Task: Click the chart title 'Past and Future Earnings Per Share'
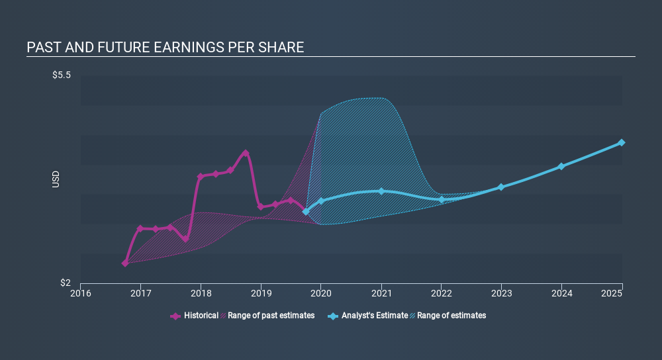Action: pos(165,48)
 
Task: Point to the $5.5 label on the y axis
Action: pos(62,75)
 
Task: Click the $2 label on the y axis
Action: pos(66,283)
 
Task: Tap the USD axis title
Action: pos(56,179)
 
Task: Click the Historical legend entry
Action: pos(195,316)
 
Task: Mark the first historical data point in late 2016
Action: pos(125,263)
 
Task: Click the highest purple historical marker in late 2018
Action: pos(246,153)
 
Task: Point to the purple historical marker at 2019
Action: pos(261,206)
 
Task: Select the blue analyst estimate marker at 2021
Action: pos(381,191)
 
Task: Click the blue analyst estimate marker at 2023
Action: pos(501,187)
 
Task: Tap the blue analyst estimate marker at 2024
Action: pos(561,166)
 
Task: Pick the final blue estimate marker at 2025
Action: pos(622,142)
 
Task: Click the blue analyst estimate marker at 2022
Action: pos(442,199)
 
